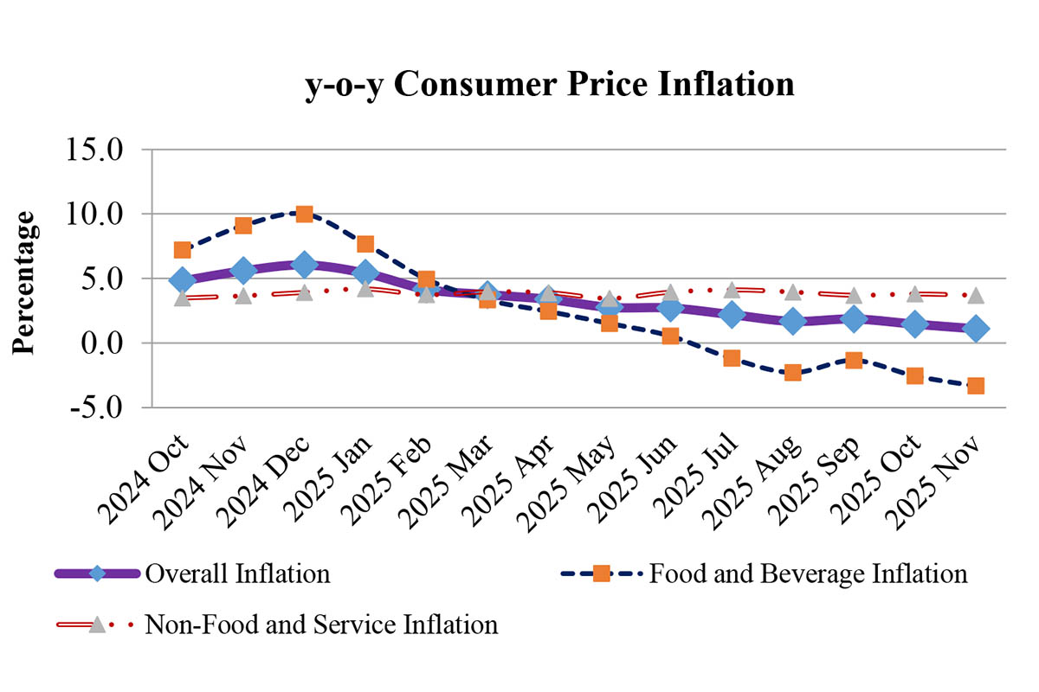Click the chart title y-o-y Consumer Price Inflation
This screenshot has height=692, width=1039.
550,86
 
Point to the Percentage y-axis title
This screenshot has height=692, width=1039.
25,282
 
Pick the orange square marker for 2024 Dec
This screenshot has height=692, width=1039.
304,214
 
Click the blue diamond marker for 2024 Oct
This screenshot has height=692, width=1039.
182,280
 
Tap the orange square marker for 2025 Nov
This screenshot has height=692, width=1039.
976,386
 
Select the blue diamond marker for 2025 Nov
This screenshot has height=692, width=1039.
976,329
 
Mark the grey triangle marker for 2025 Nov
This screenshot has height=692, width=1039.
976,295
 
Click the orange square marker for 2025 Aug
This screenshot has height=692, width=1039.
792,373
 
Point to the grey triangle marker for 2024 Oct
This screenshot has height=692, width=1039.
182,298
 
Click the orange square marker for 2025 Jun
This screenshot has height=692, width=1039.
670,336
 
